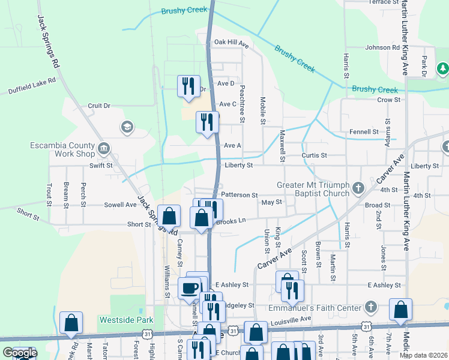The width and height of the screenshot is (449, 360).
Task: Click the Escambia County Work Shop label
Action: click(x=62, y=149)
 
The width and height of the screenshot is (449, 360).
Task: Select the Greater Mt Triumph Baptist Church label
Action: click(x=313, y=189)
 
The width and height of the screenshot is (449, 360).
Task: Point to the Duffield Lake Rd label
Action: click(x=32, y=85)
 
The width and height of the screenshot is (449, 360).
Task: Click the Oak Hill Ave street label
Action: click(x=231, y=44)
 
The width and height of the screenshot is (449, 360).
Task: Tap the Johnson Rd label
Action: click(x=382, y=47)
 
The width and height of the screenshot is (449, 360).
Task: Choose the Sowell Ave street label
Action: click(x=120, y=205)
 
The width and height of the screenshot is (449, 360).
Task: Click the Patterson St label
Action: click(x=239, y=195)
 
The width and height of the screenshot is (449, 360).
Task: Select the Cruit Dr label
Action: click(x=99, y=106)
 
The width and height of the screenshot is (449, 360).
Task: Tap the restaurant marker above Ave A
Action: click(x=207, y=122)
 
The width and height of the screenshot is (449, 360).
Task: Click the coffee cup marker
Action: click(x=190, y=287)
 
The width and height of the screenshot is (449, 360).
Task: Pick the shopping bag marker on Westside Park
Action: click(x=71, y=323)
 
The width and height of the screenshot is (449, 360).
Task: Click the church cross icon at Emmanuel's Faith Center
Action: click(x=371, y=308)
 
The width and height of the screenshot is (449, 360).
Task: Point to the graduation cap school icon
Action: click(x=126, y=127)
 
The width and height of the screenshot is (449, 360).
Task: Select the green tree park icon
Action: click(x=442, y=68)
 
